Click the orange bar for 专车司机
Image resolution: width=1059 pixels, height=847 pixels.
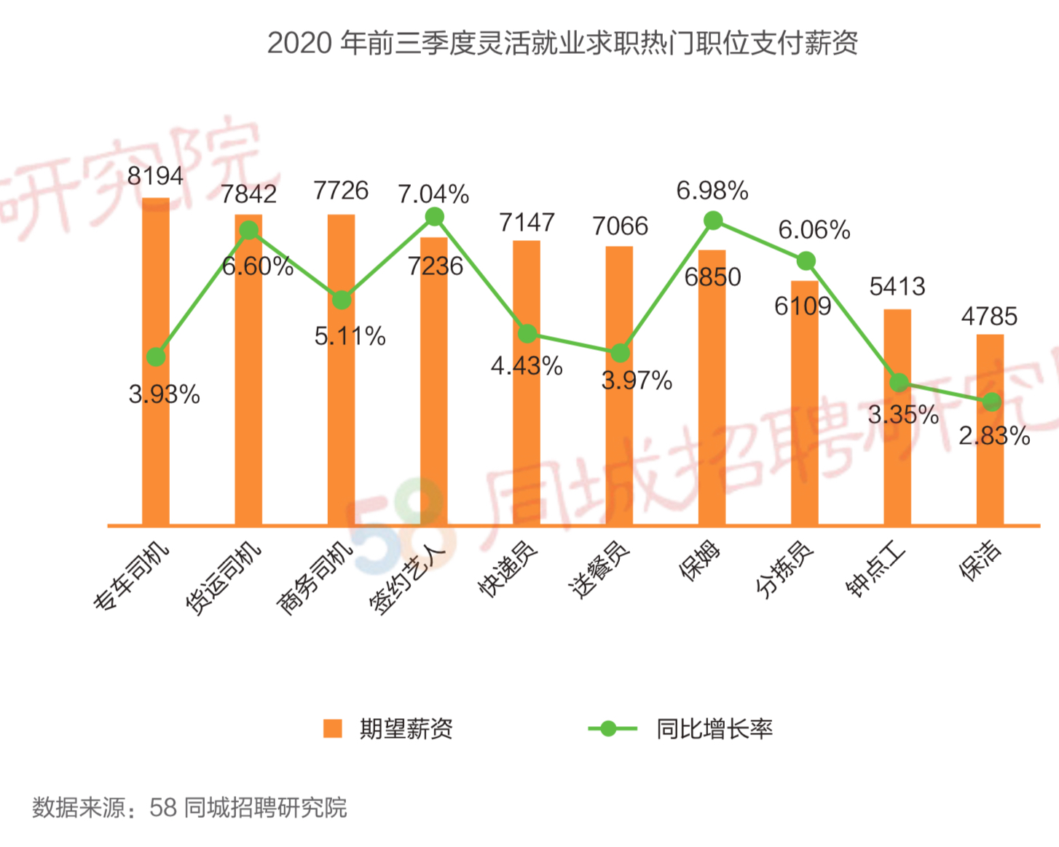pyautogui.click(x=155, y=437)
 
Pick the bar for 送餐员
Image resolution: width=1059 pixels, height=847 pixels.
pyautogui.click(x=619, y=437)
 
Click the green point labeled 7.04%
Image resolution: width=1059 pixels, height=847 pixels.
pyautogui.click(x=434, y=217)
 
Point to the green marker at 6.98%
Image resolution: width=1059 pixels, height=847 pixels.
pyautogui.click(x=713, y=220)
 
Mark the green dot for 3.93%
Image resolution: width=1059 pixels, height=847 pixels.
pyautogui.click(x=156, y=357)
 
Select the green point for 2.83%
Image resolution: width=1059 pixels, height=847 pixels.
pyautogui.click(x=991, y=401)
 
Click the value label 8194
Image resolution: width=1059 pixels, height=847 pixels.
pyautogui.click(x=155, y=175)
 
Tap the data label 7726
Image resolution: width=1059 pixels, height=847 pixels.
pyautogui.click(x=341, y=191)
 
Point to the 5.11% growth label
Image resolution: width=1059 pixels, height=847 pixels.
pyautogui.click(x=350, y=336)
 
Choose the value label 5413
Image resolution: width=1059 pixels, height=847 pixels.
pyautogui.click(x=897, y=287)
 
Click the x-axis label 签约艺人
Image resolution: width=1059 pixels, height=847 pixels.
pyautogui.click(x=407, y=578)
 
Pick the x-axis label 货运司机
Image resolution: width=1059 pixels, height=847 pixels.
pyautogui.click(x=222, y=578)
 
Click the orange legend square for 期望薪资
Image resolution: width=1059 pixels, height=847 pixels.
pyautogui.click(x=333, y=728)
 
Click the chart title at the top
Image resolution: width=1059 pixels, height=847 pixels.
pyautogui.click(x=562, y=43)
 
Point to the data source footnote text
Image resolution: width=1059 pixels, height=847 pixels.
pyautogui.click(x=189, y=808)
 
